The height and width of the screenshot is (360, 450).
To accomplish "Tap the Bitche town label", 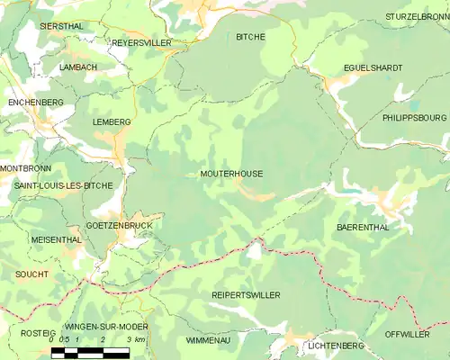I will point(250,37).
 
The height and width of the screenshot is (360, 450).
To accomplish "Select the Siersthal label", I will point(62,27).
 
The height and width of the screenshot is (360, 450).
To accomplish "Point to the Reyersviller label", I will point(141,42).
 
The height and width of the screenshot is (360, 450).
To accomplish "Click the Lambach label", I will point(78,67).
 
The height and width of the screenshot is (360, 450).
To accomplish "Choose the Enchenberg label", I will point(35,103).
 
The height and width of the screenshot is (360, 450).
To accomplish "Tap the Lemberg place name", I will point(112,121).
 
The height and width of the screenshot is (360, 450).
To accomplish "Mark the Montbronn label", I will point(26,168).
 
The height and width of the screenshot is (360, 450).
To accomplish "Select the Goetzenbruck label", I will point(118,225).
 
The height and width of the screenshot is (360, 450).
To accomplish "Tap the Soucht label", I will point(33,273).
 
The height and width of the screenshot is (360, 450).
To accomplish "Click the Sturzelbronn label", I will point(417,17).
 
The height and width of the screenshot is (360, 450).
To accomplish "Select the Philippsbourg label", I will point(413,117).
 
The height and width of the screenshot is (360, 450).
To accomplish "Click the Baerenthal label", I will point(363,228).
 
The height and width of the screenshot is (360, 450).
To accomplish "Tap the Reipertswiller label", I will point(246,295).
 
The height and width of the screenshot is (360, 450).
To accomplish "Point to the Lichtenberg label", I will point(334,346).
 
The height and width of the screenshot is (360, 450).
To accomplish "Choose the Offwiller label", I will point(408,334).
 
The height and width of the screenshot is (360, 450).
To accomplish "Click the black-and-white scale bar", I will point(96,352).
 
